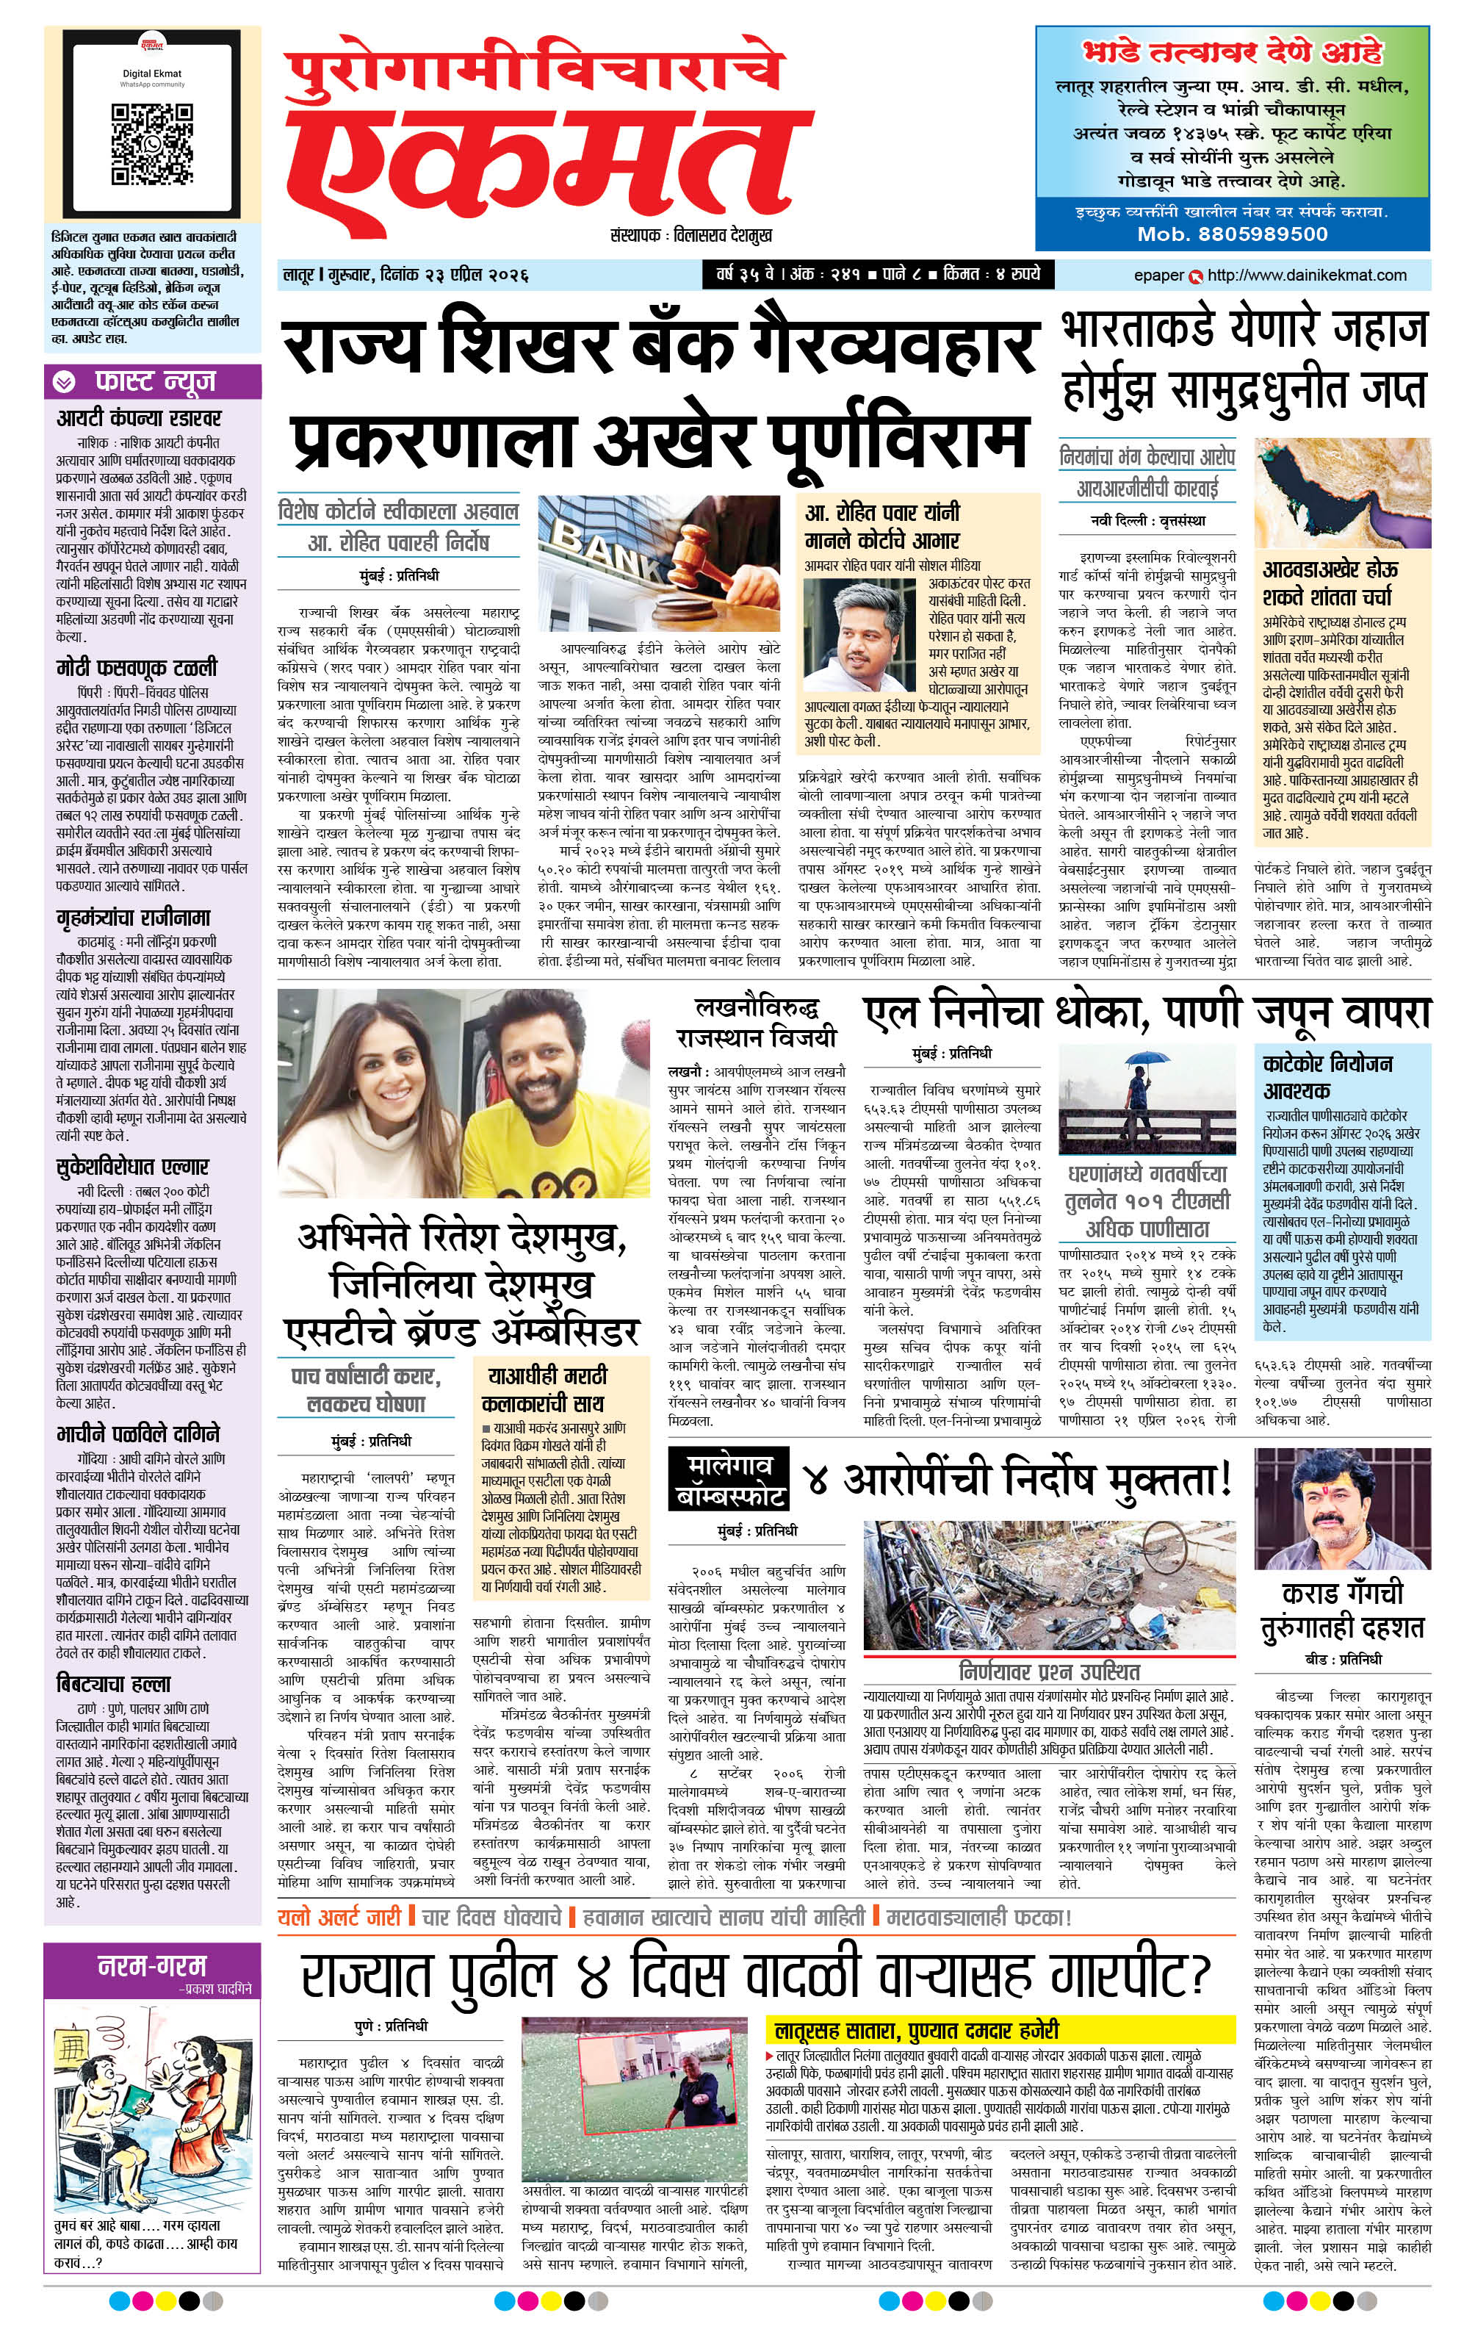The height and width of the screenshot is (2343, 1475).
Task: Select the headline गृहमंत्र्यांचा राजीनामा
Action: click(x=133, y=917)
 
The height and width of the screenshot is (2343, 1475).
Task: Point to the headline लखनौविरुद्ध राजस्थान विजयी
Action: click(x=756, y=1022)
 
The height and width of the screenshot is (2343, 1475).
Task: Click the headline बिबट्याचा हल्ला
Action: click(x=114, y=1683)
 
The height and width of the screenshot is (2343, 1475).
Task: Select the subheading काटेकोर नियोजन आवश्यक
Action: click(x=1327, y=1075)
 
